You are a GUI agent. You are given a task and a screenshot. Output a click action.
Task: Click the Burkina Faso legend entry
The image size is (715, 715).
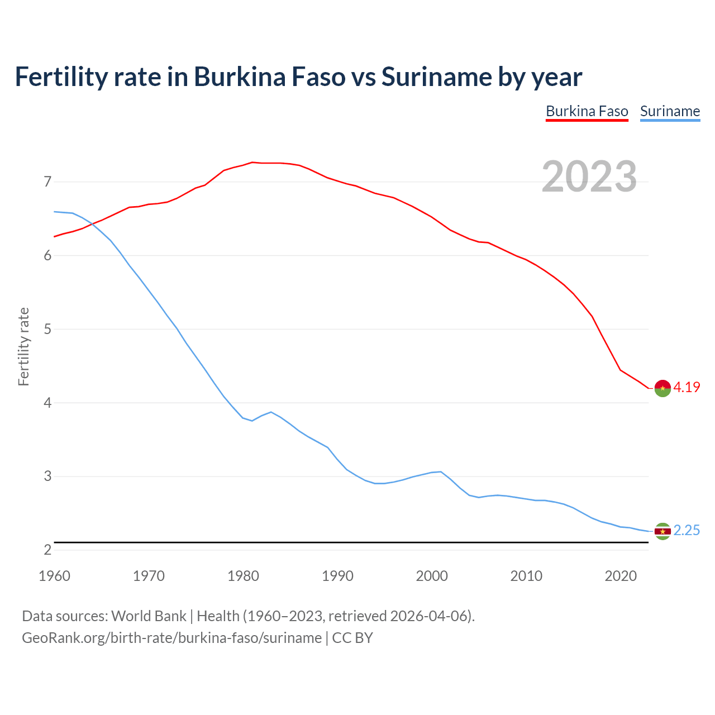[587, 111]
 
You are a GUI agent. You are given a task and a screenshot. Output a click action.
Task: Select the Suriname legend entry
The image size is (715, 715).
[670, 111]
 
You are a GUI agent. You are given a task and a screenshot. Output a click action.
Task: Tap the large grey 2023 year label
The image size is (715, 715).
[589, 177]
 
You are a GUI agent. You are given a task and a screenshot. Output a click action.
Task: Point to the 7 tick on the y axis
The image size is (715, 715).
[47, 182]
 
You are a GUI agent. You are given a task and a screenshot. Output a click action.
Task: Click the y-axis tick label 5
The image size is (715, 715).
[47, 329]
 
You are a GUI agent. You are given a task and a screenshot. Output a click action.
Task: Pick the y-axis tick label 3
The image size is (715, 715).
[47, 476]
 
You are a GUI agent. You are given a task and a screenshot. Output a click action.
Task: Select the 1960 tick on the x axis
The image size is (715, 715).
[54, 576]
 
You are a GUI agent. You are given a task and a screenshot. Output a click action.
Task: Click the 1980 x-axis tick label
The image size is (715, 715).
[243, 576]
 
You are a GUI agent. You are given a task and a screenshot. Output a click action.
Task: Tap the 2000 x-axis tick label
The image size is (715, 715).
[432, 576]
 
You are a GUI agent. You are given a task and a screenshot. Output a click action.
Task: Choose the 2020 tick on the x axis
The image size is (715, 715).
[621, 576]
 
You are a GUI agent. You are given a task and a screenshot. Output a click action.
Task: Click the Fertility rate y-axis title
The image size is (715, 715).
[23, 346]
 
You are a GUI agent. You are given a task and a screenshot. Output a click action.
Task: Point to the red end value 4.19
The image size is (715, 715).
[687, 387]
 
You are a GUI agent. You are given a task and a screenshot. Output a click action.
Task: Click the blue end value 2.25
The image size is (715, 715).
[687, 530]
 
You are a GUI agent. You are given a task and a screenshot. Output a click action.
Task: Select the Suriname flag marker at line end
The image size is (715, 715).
[662, 531]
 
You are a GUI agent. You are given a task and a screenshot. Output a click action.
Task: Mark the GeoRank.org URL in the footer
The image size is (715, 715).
[171, 637]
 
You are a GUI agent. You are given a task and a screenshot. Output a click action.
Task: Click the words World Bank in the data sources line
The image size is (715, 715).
[149, 616]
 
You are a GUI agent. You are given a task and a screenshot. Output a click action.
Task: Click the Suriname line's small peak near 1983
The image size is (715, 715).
[271, 412]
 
